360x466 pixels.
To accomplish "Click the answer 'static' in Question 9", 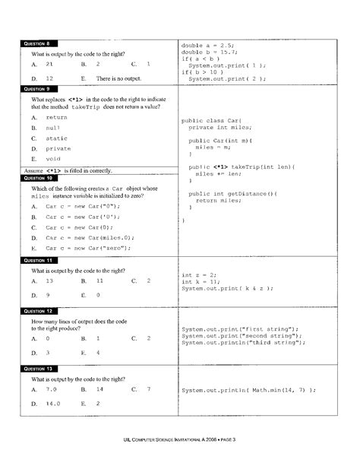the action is [x=58, y=138].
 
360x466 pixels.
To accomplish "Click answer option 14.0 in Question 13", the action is [x=52, y=403].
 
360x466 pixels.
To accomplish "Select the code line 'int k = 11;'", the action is [x=201, y=281].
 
